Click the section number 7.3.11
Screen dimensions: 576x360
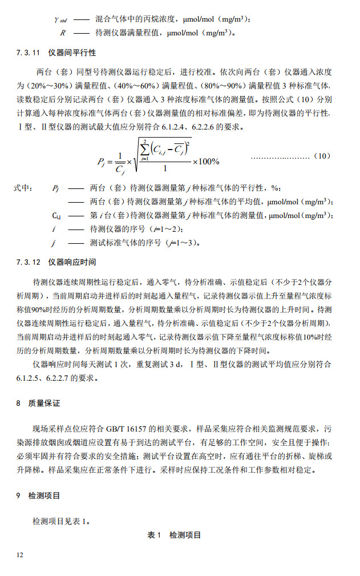pos(28,53)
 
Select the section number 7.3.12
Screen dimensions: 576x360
pos(28,263)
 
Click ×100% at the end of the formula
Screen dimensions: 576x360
pos(205,162)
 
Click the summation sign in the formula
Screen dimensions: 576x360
pos(144,150)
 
